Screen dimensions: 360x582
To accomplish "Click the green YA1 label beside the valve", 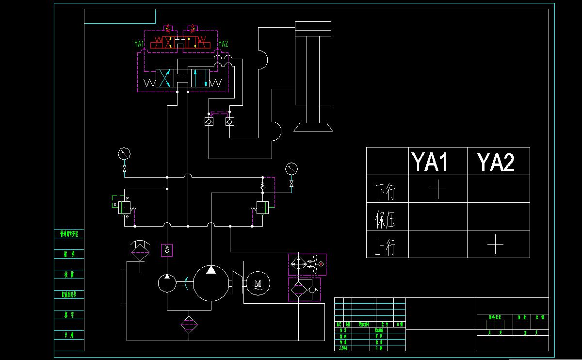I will (139, 44).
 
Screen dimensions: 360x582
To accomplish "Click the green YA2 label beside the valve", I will (223, 44).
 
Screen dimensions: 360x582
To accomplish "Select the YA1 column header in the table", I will (429, 162).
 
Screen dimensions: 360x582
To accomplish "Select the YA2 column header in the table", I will (495, 162).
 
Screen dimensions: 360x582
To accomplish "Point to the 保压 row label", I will (386, 219).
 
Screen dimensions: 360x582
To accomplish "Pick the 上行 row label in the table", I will (386, 246).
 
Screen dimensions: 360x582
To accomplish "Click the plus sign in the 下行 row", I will (438, 189).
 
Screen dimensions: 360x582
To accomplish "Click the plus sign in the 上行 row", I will (495, 244).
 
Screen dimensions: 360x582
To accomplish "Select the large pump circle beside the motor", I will (211, 283).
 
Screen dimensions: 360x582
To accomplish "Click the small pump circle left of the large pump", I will (167, 283).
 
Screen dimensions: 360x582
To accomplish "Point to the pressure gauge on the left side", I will (125, 154).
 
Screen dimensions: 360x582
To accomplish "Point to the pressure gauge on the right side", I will (291, 169).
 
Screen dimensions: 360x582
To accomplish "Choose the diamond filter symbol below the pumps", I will (189, 325).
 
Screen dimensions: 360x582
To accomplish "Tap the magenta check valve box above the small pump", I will (167, 250).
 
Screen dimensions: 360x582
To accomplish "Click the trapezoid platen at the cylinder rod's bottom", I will (313, 127).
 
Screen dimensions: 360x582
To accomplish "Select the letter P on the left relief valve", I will (127, 199).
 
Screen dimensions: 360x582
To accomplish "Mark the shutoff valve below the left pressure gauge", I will (125, 169).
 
